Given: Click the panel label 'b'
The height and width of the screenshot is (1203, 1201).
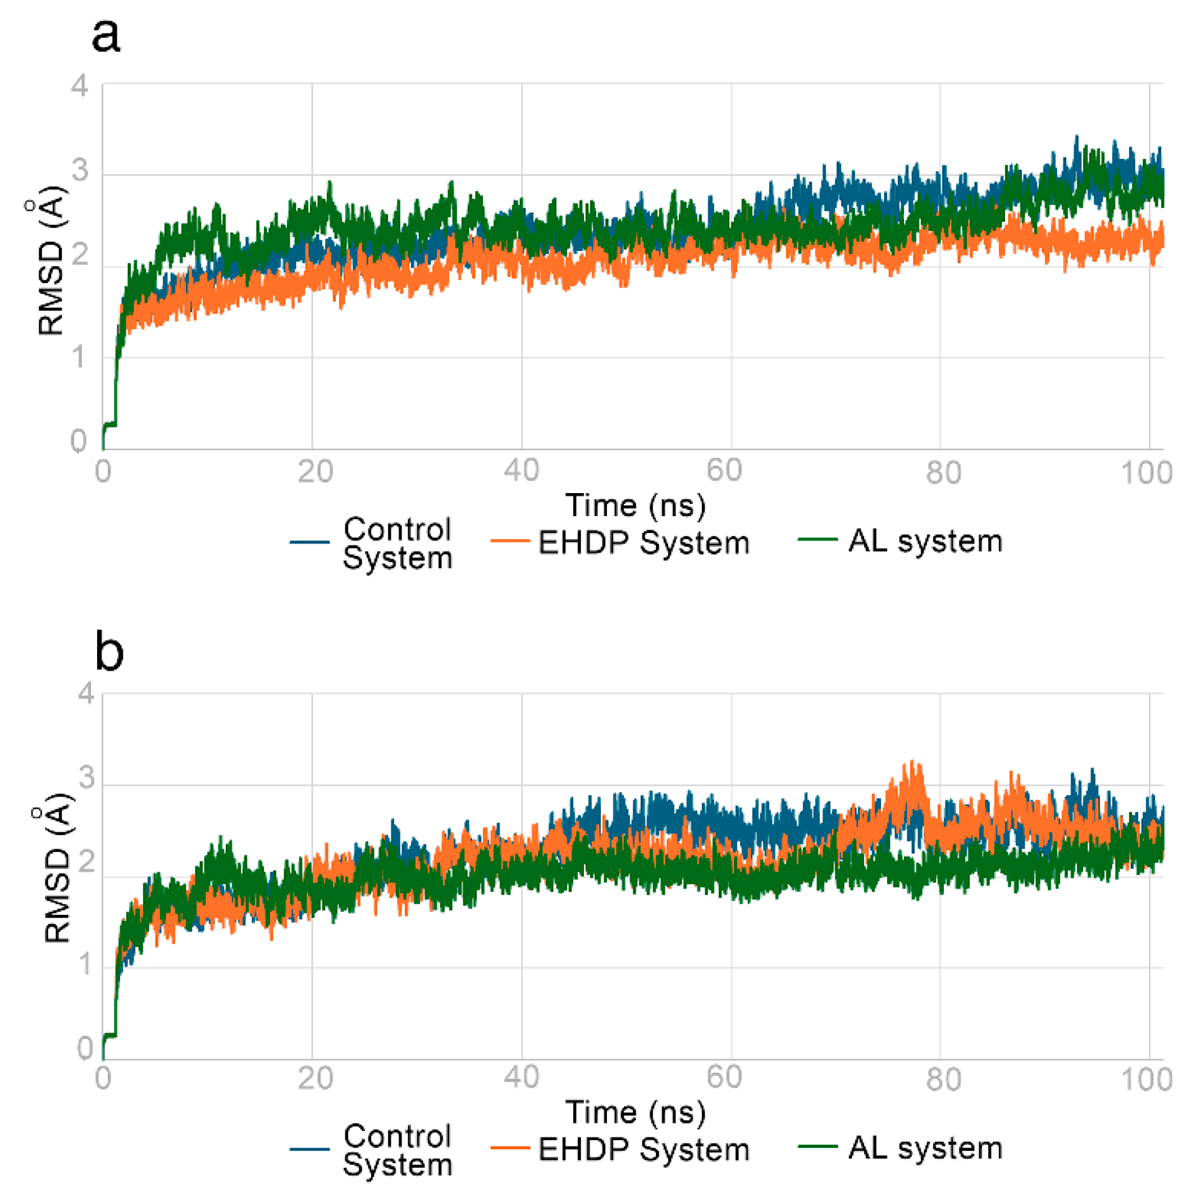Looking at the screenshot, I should pos(109,651).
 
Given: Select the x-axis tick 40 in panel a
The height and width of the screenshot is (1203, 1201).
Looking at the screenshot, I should pos(521,471).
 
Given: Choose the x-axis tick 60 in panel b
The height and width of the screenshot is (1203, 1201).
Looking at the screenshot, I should pos(724,1077).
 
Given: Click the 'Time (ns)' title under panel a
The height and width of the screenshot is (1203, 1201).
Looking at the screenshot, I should pos(635,505).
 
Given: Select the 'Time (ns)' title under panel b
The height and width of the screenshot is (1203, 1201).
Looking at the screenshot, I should pos(635,1112).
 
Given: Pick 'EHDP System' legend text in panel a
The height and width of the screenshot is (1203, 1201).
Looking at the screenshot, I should pos(643,543).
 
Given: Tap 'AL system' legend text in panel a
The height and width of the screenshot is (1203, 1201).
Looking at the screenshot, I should pos(925,540).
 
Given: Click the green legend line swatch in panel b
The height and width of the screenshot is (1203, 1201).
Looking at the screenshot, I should pos(817,1146).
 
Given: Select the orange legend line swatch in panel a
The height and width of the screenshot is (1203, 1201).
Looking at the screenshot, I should pos(509,540).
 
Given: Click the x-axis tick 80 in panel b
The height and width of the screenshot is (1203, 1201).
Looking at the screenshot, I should pos(943,1078).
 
